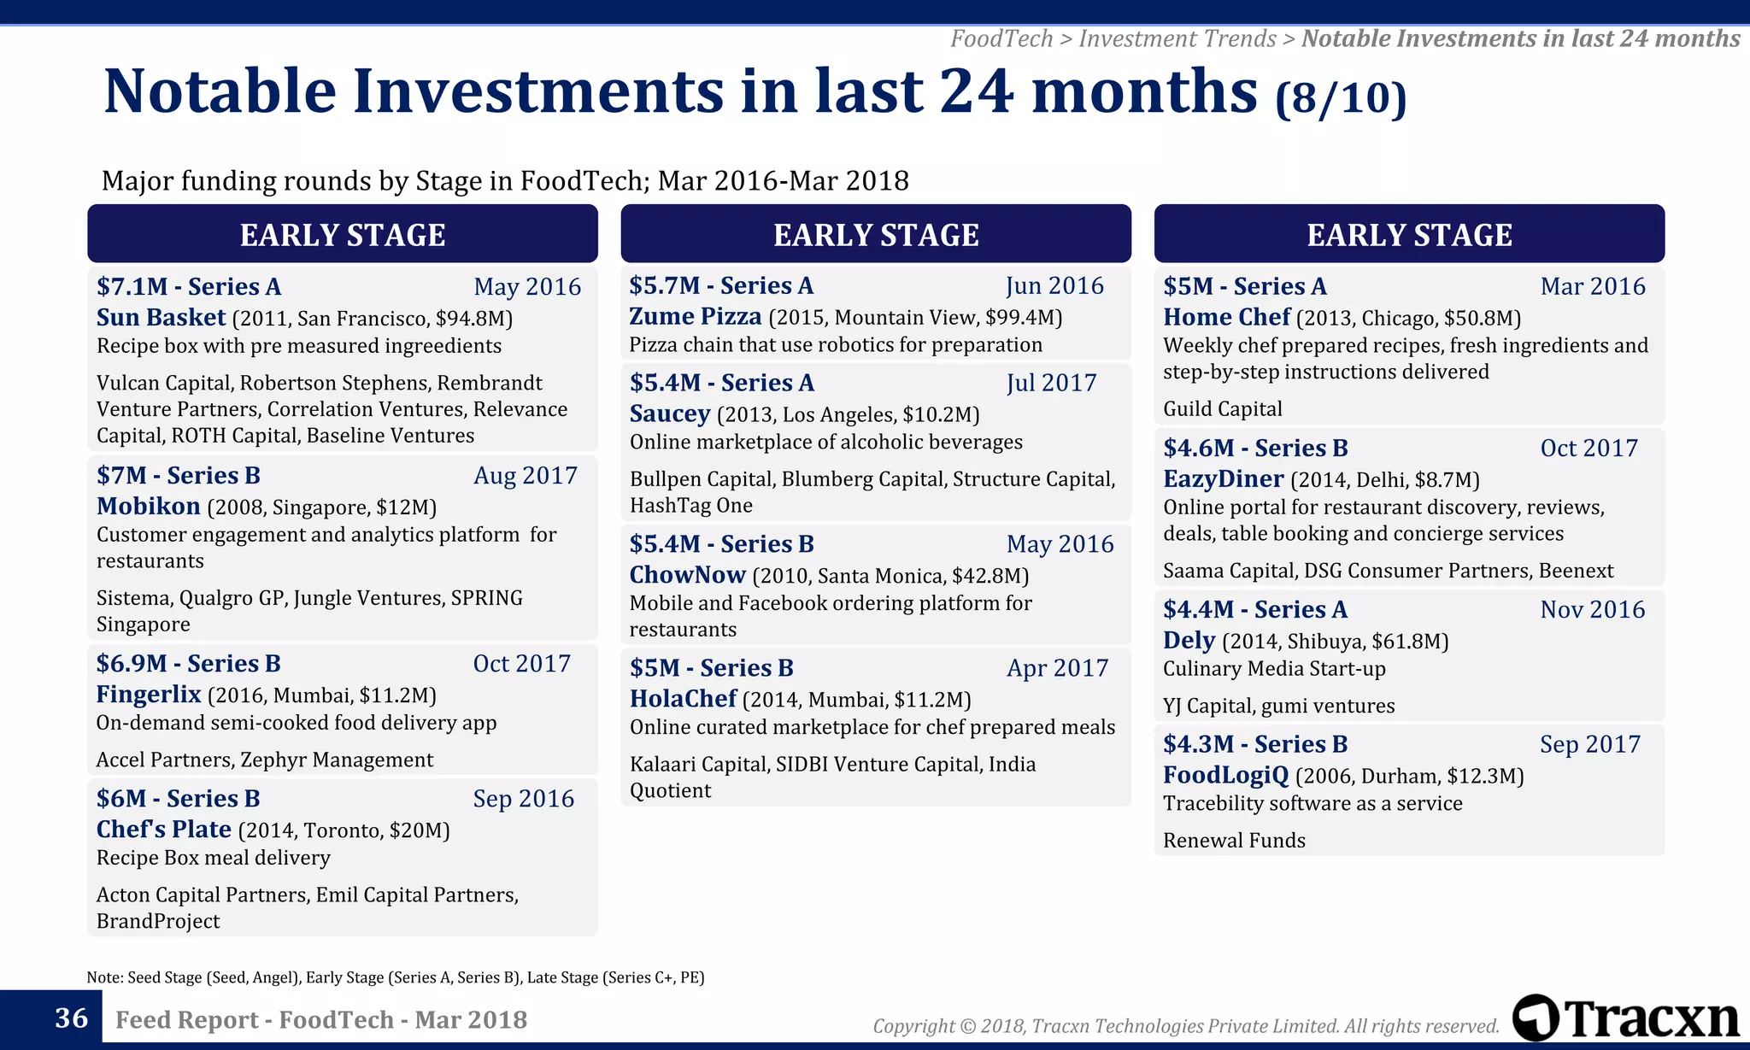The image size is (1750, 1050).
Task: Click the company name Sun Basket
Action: tap(161, 318)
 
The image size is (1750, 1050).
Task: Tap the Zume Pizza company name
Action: tap(695, 317)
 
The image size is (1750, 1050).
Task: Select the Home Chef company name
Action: tap(1226, 318)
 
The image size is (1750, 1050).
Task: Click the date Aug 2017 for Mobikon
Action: tap(526, 476)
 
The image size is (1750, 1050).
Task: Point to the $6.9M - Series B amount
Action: tap(188, 664)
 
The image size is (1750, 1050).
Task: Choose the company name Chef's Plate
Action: tap(163, 830)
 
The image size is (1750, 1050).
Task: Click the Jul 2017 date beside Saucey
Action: tap(1051, 384)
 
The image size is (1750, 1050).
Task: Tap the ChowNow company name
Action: tap(687, 575)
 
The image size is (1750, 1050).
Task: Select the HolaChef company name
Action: tap(683, 699)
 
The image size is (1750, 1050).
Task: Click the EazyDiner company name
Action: tap(1223, 479)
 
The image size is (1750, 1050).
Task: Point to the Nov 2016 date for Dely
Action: tap(1592, 610)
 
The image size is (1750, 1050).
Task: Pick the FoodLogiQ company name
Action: tap(1225, 776)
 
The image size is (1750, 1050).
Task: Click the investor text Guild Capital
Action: tap(1222, 409)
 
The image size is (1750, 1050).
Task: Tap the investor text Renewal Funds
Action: tap(1234, 841)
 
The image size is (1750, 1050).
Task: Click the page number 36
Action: tap(71, 1018)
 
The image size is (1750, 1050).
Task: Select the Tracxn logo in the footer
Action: tap(1625, 1018)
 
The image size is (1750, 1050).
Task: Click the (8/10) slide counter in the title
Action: tap(1340, 98)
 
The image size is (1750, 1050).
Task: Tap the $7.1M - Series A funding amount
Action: tap(188, 287)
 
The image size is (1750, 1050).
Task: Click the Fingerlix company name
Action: tap(149, 695)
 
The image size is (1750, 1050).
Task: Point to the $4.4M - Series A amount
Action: tap(1254, 610)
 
